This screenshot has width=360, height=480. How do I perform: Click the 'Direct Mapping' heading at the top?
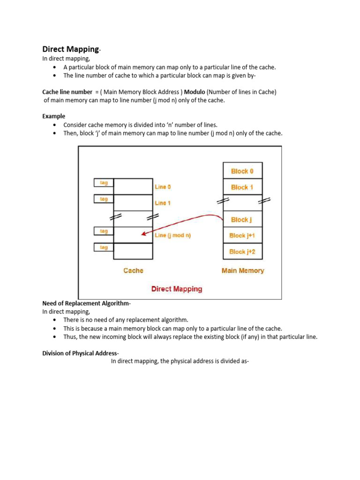pos(71,49)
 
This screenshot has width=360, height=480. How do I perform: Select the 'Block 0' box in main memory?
pos(242,171)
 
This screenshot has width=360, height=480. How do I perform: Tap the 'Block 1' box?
pos(242,187)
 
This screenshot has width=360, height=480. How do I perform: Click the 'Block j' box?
pos(242,219)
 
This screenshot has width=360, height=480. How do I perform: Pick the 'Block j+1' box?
pos(242,235)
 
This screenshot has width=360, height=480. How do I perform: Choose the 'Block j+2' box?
pos(242,252)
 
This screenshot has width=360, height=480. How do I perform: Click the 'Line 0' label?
pos(163,187)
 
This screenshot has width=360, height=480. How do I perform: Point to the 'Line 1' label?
pos(163,203)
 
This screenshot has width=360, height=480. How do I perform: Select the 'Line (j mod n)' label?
pos(172,235)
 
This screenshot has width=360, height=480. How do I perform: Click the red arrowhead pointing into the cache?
pos(143,234)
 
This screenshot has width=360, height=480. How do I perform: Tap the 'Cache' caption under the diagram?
pos(133,270)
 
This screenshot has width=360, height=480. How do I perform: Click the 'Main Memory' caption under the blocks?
pos(242,270)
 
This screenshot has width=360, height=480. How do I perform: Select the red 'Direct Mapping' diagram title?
pos(177,289)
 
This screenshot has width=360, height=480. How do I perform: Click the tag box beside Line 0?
pos(104,183)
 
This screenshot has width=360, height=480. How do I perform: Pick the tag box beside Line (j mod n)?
pos(104,231)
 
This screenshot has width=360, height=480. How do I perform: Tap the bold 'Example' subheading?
pos(54,116)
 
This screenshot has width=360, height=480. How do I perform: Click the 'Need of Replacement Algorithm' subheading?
pos(86,303)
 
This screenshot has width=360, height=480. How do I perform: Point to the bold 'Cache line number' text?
pos(67,92)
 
